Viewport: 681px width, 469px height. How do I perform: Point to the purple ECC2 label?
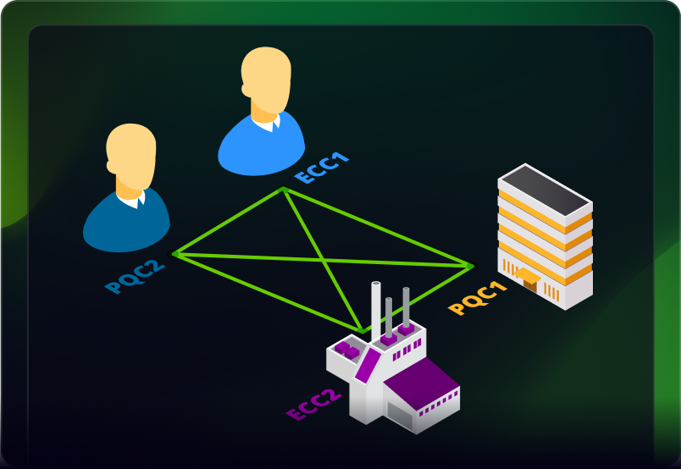tap(314, 404)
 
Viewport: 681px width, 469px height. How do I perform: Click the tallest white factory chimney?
tap(375, 308)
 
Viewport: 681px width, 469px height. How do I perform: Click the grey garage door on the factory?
tap(399, 414)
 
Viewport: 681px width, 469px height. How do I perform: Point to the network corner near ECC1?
tap(283, 188)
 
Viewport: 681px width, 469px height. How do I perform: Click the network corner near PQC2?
tap(174, 253)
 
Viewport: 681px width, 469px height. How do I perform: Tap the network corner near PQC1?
tap(470, 266)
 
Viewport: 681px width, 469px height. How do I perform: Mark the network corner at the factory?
tap(363, 331)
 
